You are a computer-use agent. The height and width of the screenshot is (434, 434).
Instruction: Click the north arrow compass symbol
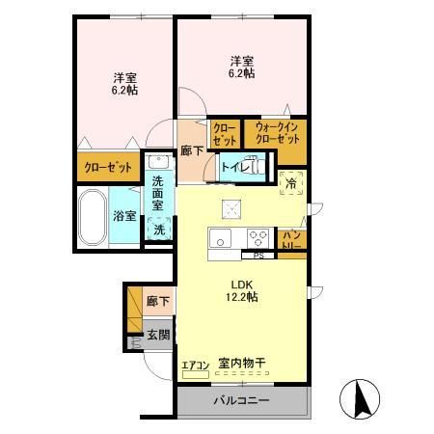pyautogui.click(x=362, y=398)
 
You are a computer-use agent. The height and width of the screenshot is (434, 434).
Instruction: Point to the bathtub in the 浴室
pyautogui.click(x=93, y=217)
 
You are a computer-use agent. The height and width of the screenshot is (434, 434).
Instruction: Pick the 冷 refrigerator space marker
pyautogui.click(x=291, y=181)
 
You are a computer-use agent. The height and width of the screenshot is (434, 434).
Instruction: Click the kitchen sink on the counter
pyautogui.click(x=221, y=239)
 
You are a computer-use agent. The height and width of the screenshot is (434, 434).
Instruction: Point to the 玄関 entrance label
pyautogui.click(x=158, y=335)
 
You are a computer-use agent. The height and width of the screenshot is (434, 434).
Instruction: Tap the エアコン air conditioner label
pyautogui.click(x=196, y=365)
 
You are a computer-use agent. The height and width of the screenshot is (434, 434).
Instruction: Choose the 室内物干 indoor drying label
pyautogui.click(x=242, y=364)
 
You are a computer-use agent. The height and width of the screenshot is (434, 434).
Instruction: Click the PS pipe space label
pyautogui.click(x=258, y=256)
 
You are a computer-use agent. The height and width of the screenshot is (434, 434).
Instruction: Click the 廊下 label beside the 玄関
pyautogui.click(x=157, y=302)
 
